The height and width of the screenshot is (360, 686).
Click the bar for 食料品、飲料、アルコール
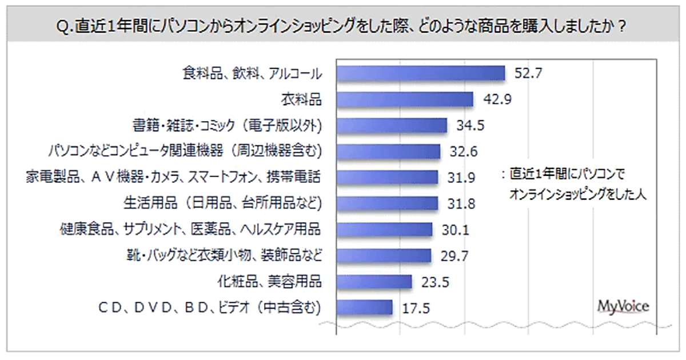(420, 73)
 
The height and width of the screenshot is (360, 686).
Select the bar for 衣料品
(405, 99)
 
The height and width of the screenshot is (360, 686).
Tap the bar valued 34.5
(391, 125)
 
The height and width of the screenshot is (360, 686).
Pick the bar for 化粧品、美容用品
(374, 282)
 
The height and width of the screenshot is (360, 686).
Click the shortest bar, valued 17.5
(364, 307)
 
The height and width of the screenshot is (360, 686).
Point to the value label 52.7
(527, 73)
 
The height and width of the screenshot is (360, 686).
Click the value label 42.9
(496, 99)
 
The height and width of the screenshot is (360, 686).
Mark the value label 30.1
(454, 230)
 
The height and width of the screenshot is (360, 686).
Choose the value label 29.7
(454, 255)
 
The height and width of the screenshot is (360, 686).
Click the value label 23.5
(434, 282)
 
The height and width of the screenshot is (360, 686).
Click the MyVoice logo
(623, 307)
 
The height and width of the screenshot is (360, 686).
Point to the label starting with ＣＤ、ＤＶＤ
(209, 307)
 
